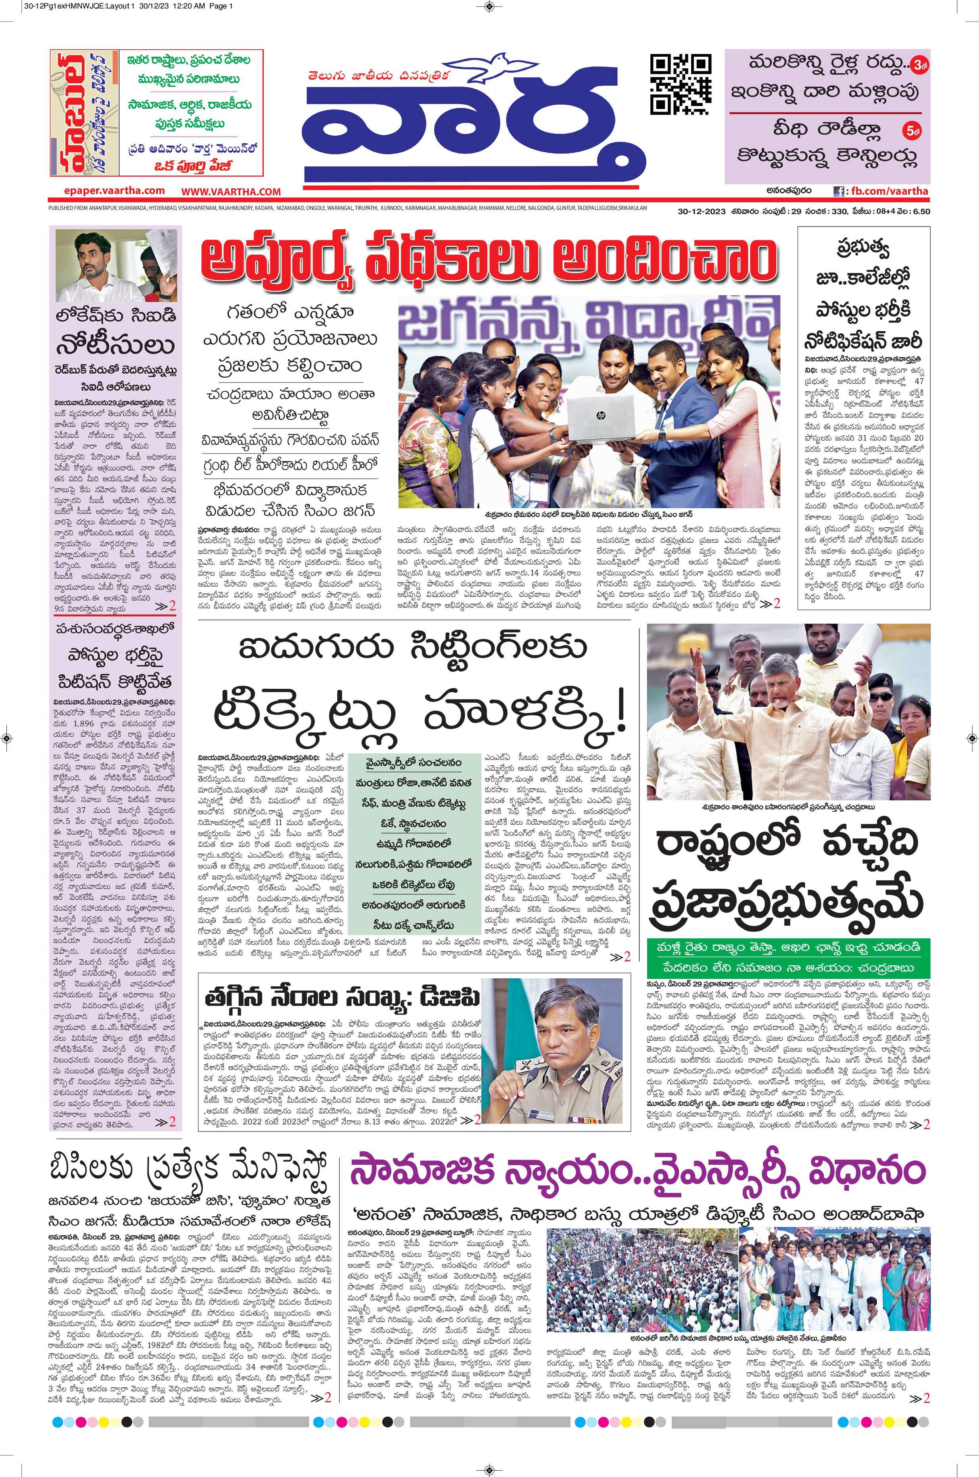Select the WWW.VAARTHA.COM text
(231, 192)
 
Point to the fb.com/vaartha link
(881, 191)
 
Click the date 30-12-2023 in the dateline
(701, 211)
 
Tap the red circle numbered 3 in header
(918, 65)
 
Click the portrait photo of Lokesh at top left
(116, 265)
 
